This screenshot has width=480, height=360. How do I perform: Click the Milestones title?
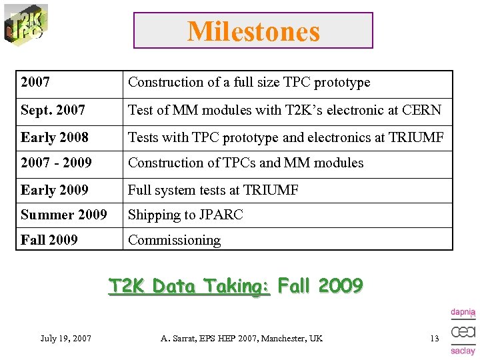coord(253,31)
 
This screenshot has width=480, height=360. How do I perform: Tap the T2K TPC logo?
coord(25,25)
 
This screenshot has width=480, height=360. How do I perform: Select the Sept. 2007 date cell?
coord(53,110)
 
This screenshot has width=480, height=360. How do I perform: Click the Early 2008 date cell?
coord(54,137)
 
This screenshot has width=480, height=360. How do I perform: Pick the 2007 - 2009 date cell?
coord(56,163)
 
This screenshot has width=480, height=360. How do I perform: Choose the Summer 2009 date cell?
coord(63,215)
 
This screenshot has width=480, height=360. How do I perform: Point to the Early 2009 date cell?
coord(54,190)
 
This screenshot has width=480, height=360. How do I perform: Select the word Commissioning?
coord(174,240)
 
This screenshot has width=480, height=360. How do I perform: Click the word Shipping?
coord(153,215)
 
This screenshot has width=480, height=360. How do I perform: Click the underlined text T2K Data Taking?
coord(189,287)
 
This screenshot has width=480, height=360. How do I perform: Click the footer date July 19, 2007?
coord(65,339)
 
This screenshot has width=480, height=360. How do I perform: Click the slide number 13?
coord(434,339)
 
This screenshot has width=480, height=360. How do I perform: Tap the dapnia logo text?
coord(463,311)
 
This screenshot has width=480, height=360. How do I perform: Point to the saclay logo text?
coord(463,351)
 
